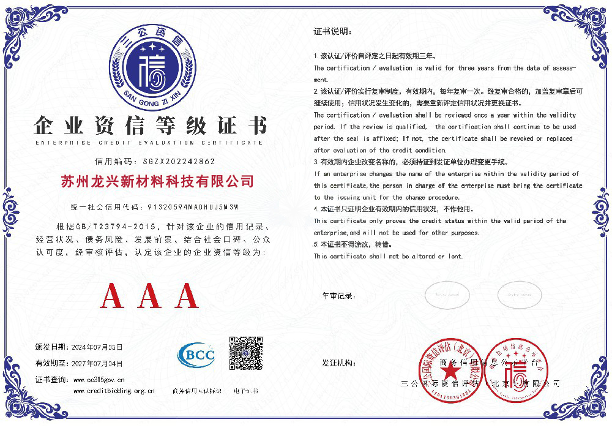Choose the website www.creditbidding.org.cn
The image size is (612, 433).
click(114, 391)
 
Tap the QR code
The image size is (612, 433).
click(245, 353)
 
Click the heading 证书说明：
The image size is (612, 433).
click(332, 31)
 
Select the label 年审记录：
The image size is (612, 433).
click(339, 296)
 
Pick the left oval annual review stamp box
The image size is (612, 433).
click(447, 295)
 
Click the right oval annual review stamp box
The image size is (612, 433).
click(520, 295)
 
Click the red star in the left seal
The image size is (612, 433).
click(451, 371)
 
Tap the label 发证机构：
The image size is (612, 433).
click(339, 363)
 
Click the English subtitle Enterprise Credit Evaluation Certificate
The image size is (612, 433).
click(149, 142)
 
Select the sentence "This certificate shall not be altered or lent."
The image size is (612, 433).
click(388, 257)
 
